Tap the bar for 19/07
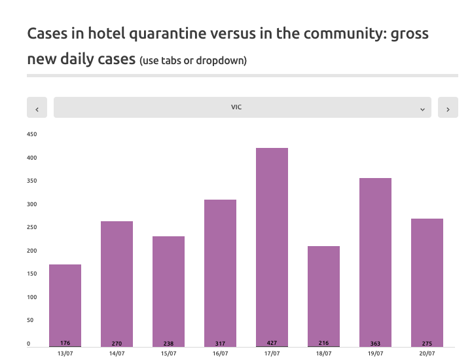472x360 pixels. click(x=375, y=262)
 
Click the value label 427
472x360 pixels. click(x=272, y=343)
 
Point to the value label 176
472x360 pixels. click(x=65, y=343)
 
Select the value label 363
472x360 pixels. click(x=375, y=343)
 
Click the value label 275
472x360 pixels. click(x=427, y=343)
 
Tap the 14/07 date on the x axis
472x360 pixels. click(x=117, y=353)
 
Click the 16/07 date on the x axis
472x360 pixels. click(x=220, y=353)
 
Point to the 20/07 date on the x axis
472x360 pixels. click(x=427, y=353)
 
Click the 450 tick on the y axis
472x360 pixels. click(x=31, y=135)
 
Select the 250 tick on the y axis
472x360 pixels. click(x=31, y=228)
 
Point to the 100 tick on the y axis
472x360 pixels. click(x=31, y=297)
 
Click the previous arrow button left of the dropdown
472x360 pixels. click(x=37, y=108)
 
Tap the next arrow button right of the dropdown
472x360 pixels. click(x=448, y=108)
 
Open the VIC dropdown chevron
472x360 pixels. click(x=422, y=109)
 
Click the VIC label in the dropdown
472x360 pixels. click(x=236, y=107)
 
